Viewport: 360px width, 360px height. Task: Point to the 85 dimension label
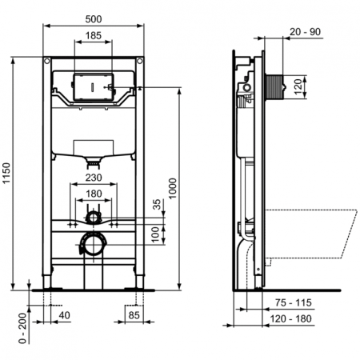tap(135, 316)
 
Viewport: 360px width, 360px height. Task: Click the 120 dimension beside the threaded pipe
tap(298, 86)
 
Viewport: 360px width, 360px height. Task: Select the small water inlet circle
tap(93, 217)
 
